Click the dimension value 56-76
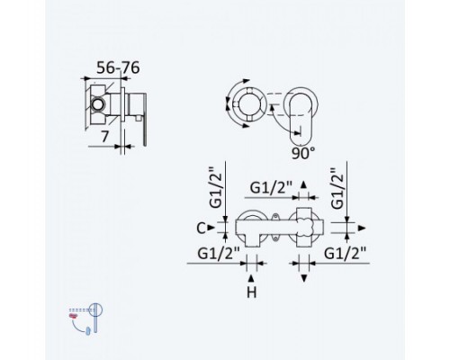tap(118, 67)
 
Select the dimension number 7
tap(104, 137)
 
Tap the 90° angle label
tap(303, 153)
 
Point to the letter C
tap(201, 229)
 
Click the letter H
tap(251, 292)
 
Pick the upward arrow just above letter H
tap(251, 278)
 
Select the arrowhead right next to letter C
tap(211, 228)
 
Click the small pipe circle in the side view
tap(98, 104)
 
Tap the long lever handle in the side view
tap(145, 120)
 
